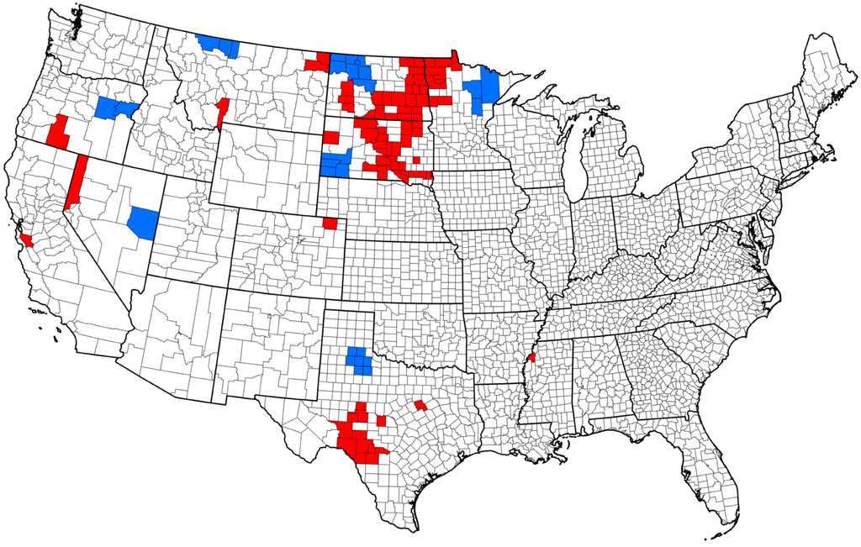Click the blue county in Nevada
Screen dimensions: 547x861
point(143,222)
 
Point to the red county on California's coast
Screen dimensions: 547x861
point(25,239)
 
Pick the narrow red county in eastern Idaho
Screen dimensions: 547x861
point(223,113)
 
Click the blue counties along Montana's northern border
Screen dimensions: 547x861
point(218,45)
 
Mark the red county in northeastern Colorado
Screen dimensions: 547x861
point(330,224)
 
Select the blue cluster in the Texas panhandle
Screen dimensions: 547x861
point(361,360)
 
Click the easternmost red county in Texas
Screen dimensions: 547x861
point(420,406)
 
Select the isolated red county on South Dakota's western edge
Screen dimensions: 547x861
point(331,137)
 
